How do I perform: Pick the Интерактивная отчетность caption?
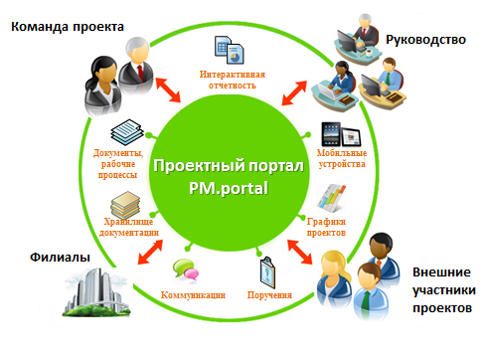pos(230,80)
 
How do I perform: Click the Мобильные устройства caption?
pos(341,158)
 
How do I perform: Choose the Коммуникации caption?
pos(194,295)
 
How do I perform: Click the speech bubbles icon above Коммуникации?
pos(185,269)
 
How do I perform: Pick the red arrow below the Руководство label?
pos(295,93)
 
